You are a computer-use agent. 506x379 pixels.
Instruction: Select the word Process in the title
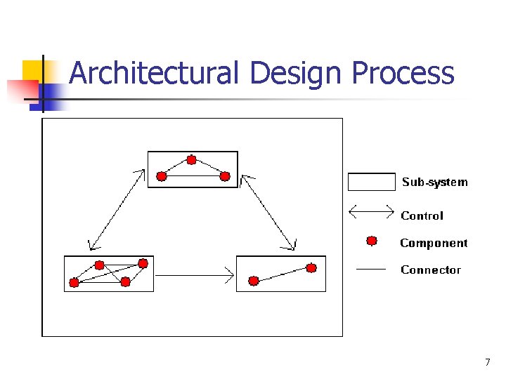point(403,74)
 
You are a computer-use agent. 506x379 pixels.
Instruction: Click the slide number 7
point(487,362)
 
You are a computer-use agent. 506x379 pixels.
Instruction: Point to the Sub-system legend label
point(434,182)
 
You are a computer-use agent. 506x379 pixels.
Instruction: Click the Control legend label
point(422,216)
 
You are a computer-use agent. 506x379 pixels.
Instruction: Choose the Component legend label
point(434,244)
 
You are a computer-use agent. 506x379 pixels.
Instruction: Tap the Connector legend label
point(431,270)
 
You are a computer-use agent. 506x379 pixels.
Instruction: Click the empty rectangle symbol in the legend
point(372,182)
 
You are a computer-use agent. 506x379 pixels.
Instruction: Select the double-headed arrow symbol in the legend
point(372,209)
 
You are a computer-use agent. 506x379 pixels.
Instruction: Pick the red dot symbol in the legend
point(372,241)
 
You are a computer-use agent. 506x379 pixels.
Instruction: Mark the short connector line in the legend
point(372,268)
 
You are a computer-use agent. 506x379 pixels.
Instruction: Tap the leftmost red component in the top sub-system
point(162,176)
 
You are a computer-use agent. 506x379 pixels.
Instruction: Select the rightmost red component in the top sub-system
point(225,176)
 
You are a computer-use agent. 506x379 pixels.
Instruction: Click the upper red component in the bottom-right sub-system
point(311,267)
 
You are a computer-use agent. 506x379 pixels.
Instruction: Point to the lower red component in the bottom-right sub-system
point(254,281)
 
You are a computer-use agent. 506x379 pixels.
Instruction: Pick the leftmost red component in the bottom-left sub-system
point(74,283)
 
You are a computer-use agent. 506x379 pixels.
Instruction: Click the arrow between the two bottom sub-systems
point(194,274)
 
